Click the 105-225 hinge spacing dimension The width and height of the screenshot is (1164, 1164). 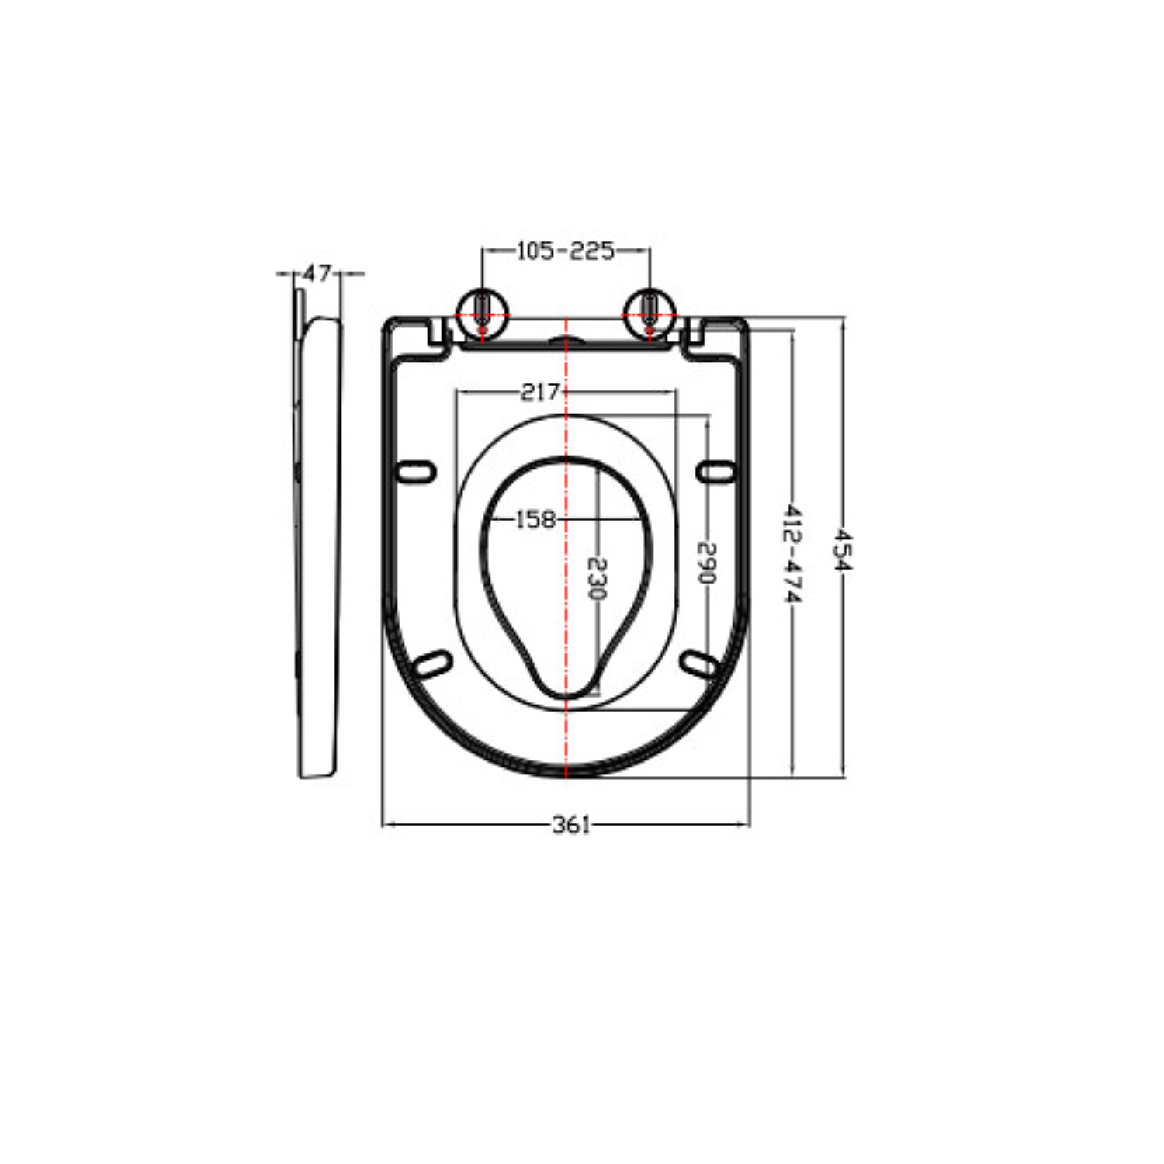pos(566,251)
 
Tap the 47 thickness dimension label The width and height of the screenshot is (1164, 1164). pos(317,273)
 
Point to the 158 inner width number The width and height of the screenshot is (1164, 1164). pos(536,518)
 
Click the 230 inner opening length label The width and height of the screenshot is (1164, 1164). pos(596,579)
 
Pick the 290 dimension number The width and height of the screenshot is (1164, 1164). pos(706,563)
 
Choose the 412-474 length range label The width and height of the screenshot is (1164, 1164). pos(792,553)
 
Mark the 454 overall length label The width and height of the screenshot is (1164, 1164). pos(843,549)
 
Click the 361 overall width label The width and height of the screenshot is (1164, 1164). pos(571,824)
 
